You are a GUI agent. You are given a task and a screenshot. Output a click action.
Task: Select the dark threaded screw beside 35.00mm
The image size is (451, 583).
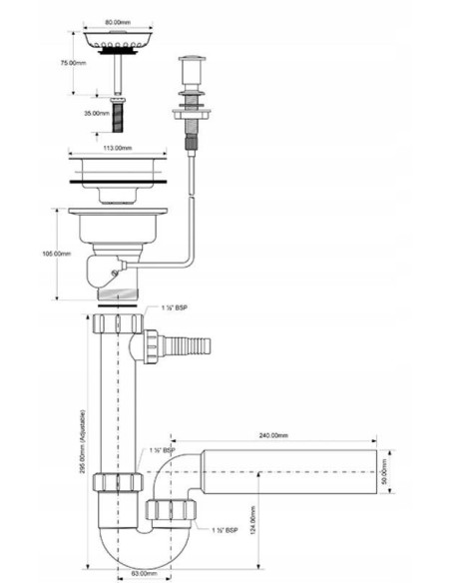pyautogui.click(x=119, y=115)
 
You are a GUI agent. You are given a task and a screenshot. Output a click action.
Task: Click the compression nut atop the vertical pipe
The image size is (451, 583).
pyautogui.click(x=117, y=324)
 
